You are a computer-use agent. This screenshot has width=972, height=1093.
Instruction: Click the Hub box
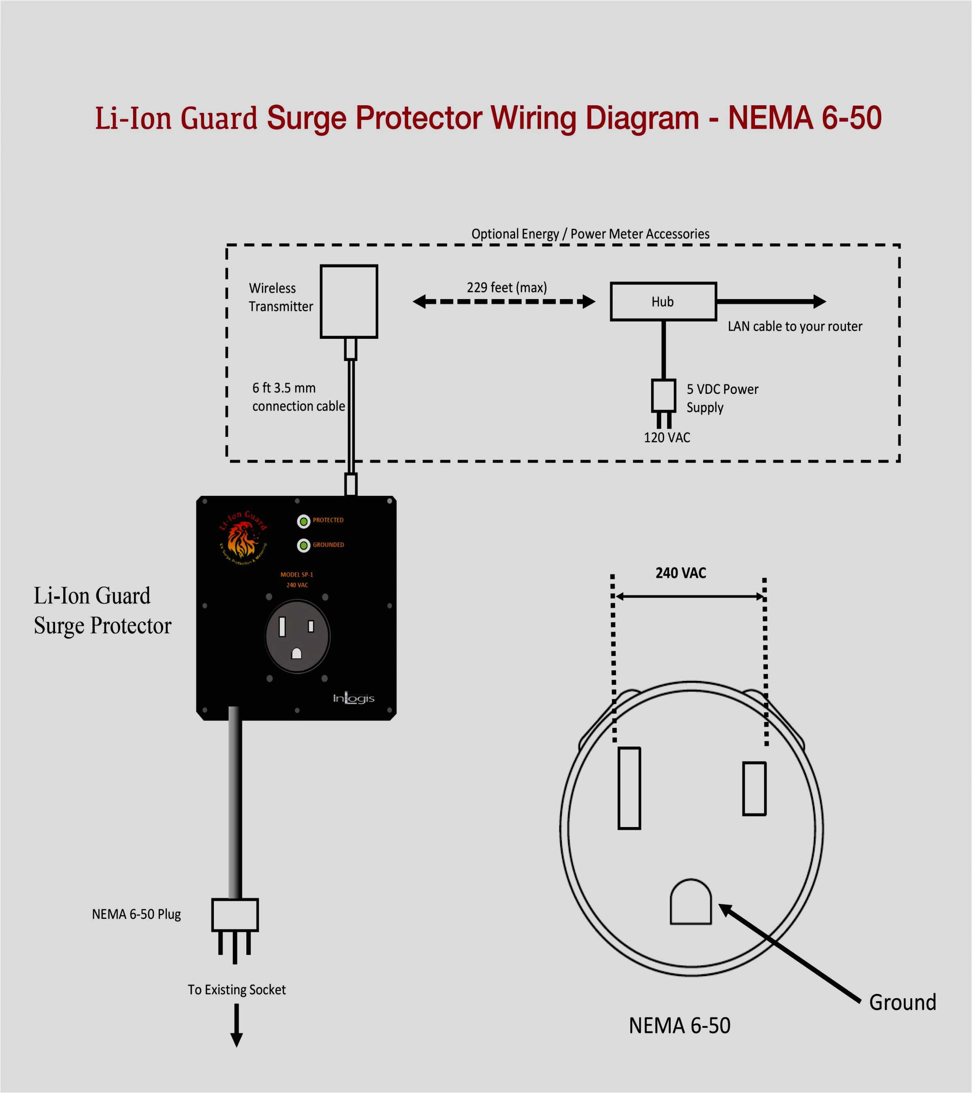(663, 302)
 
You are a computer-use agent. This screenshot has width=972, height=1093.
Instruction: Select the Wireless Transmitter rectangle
(349, 302)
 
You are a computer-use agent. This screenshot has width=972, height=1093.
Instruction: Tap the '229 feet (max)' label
(507, 288)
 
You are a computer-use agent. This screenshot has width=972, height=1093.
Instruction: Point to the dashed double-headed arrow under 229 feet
(504, 302)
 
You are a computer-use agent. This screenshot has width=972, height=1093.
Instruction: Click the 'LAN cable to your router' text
(795, 326)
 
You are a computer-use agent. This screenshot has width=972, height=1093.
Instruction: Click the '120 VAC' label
(667, 438)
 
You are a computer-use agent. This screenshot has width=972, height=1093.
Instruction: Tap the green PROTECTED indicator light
(303, 521)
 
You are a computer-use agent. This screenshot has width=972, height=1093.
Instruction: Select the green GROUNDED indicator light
(303, 545)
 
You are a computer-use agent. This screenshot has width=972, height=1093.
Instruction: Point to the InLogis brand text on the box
(354, 698)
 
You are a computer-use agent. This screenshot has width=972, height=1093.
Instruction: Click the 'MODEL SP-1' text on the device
(296, 575)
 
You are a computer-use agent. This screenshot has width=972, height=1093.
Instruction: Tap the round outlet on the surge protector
(297, 636)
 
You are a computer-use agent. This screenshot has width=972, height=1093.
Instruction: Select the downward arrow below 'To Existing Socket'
(237, 1025)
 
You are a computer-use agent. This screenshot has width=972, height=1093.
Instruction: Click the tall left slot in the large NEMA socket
(629, 788)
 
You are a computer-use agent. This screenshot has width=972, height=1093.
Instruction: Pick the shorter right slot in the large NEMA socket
(754, 789)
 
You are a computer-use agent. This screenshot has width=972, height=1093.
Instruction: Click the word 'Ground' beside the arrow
(902, 1003)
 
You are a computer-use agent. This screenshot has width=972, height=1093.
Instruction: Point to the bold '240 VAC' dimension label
(680, 573)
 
